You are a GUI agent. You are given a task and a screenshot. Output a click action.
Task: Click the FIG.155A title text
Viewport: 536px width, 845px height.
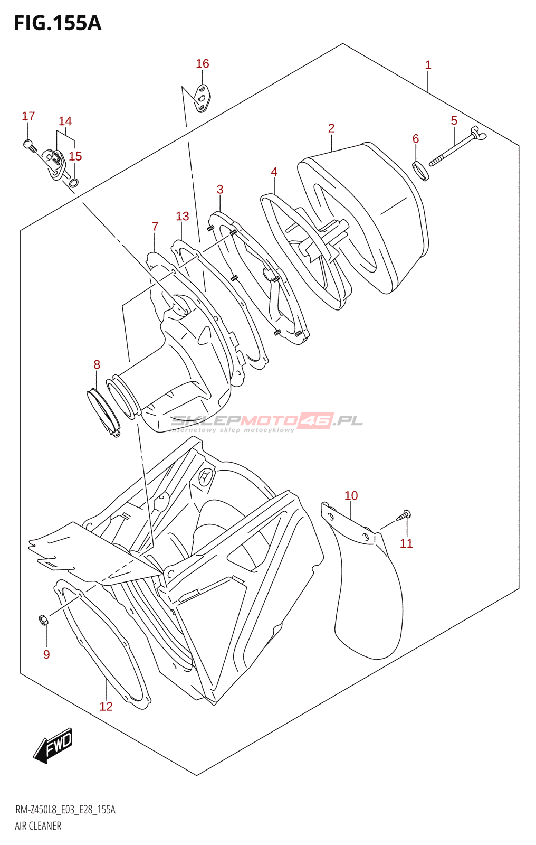tap(58, 24)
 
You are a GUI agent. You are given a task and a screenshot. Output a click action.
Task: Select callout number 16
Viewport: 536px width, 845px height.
tap(202, 64)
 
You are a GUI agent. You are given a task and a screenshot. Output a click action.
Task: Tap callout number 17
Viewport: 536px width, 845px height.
tap(28, 116)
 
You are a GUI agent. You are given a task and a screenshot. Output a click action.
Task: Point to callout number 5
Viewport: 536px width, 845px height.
tap(454, 121)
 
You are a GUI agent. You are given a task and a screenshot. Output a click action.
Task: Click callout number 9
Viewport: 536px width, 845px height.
tap(46, 654)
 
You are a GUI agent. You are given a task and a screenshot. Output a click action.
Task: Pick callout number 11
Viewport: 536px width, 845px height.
tap(406, 543)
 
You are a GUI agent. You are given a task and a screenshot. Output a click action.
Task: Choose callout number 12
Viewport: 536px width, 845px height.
tap(106, 706)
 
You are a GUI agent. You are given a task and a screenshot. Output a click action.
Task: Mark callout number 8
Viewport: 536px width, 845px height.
tap(97, 364)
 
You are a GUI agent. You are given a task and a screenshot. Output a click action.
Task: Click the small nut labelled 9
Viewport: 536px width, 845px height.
tap(43, 619)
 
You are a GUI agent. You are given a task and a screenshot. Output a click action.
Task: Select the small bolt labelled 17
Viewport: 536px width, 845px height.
tap(30, 144)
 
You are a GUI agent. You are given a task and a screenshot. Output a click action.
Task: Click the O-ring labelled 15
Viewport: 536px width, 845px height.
tap(74, 183)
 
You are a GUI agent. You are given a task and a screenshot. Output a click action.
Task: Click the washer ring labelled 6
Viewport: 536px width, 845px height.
tap(420, 171)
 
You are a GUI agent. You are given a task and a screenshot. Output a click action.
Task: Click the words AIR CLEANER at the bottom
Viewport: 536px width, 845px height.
tap(38, 826)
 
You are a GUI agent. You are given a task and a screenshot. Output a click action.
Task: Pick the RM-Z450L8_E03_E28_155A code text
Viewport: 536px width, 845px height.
tap(65, 810)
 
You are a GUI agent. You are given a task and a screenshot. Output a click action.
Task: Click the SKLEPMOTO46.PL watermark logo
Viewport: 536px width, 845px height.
tap(266, 421)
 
